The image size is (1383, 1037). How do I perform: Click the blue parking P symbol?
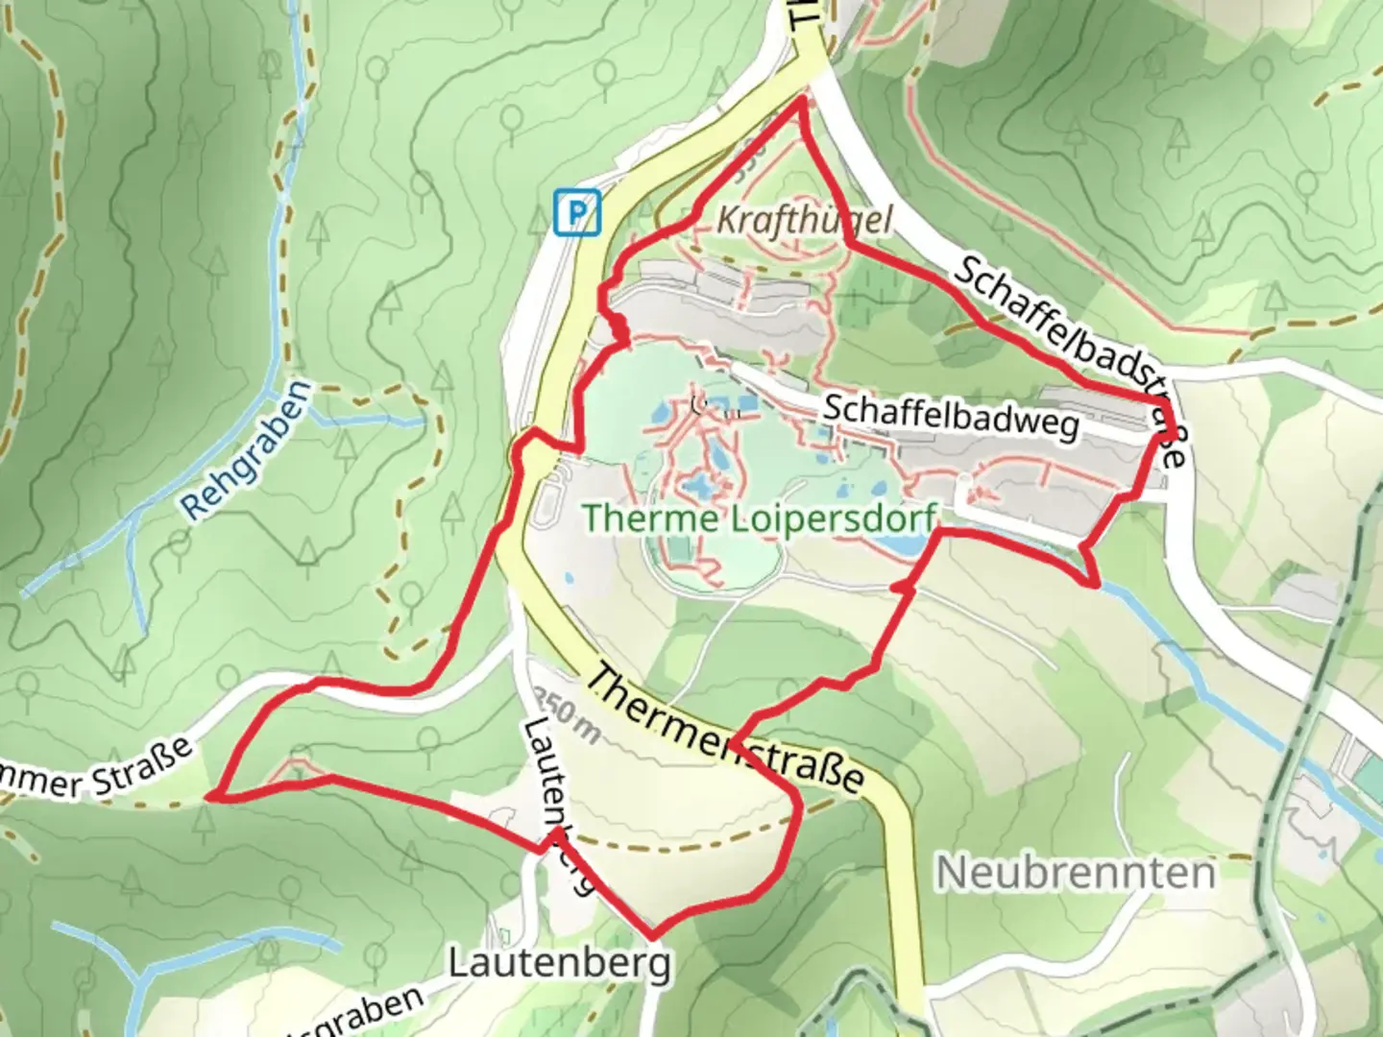click(x=577, y=211)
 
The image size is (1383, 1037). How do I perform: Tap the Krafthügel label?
click(x=804, y=221)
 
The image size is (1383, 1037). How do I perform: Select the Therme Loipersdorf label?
click(x=759, y=519)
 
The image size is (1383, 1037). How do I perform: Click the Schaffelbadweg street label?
click(x=951, y=419)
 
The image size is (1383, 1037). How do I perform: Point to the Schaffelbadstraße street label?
click(x=1070, y=356)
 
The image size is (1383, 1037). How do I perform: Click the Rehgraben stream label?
click(x=247, y=449)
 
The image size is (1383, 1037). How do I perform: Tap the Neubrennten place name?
click(x=1076, y=873)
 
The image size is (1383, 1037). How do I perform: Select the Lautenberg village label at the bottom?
click(x=560, y=962)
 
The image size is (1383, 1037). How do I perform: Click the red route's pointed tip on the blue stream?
click(x=1096, y=583)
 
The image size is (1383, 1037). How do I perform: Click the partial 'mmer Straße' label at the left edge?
click(x=96, y=772)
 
